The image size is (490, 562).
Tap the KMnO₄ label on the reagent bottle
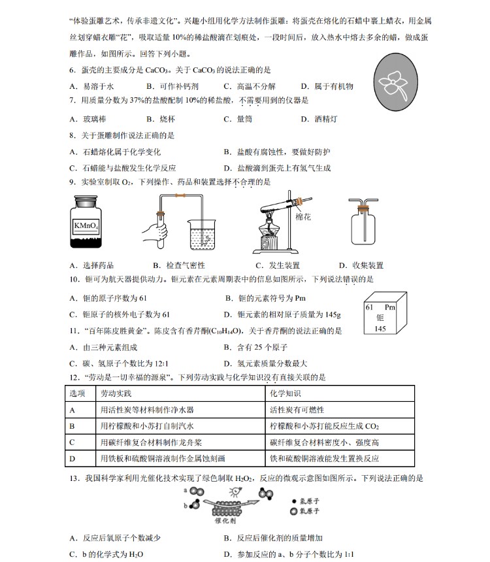[x=86, y=226]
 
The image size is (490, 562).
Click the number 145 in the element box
[x=380, y=329]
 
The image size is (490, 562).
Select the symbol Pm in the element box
[x=391, y=307]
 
